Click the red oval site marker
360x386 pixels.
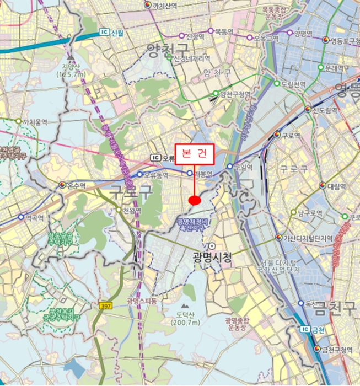pos(194,201)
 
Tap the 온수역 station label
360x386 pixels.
pos(78,185)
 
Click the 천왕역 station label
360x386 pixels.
pos(132,211)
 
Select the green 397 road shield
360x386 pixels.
pos(106,305)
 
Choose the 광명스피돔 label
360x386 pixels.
pos(142,301)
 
